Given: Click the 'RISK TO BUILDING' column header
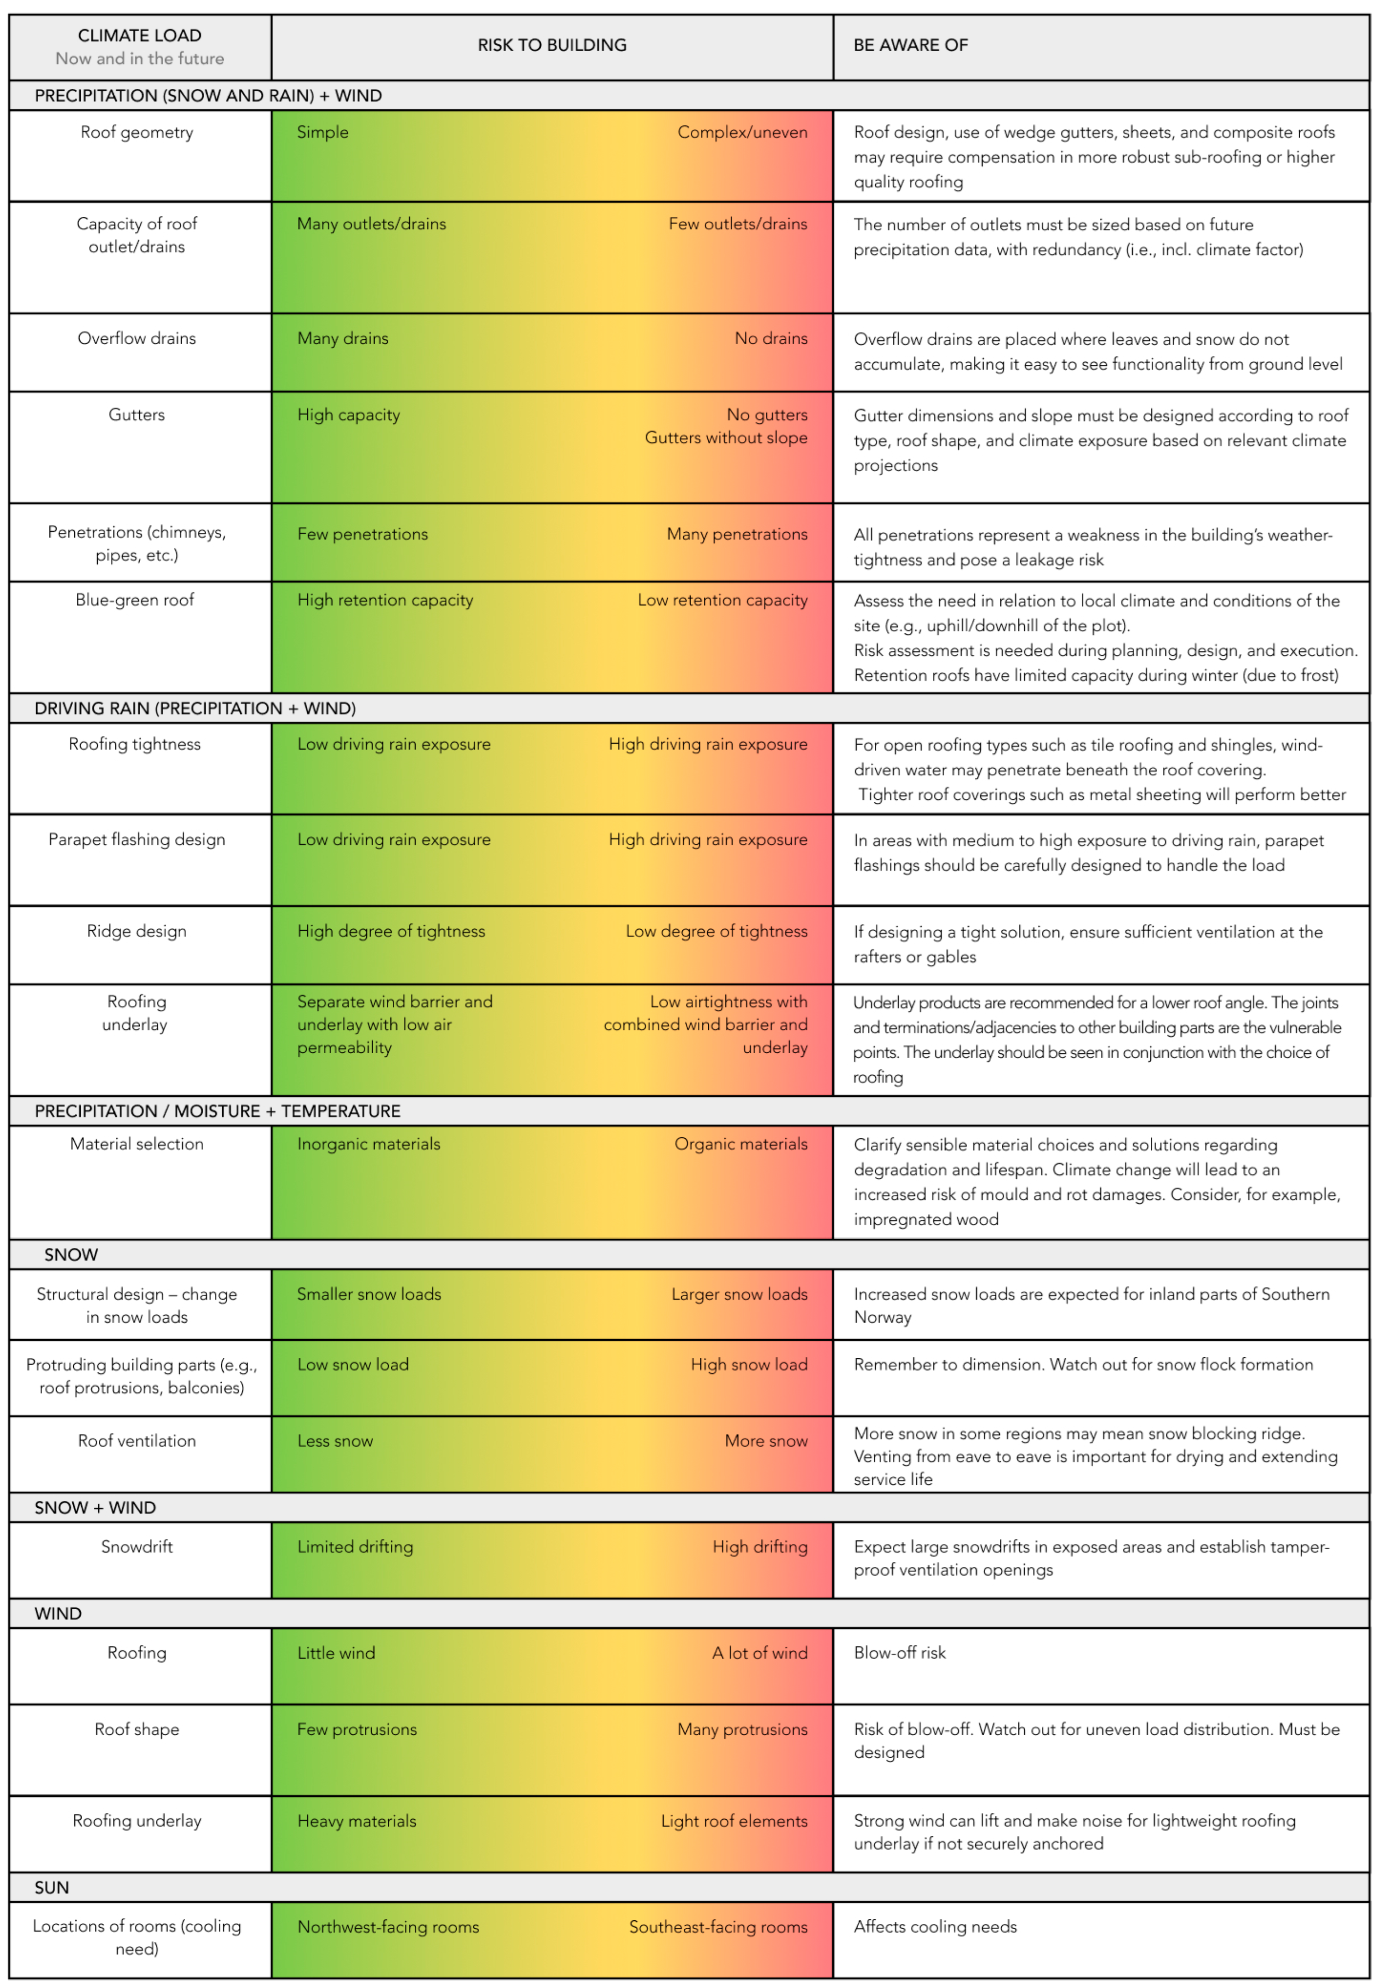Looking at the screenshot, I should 552,45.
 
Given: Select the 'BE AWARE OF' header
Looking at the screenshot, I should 910,45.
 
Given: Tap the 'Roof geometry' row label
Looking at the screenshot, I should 137,132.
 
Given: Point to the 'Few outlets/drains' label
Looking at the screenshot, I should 737,224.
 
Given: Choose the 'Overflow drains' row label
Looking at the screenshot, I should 137,338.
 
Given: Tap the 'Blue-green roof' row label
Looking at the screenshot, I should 135,600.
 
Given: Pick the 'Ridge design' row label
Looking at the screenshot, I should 137,931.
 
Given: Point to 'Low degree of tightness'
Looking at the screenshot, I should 716,931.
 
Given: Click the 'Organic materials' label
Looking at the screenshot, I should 741,1144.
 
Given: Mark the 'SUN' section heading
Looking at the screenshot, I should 52,1888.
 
